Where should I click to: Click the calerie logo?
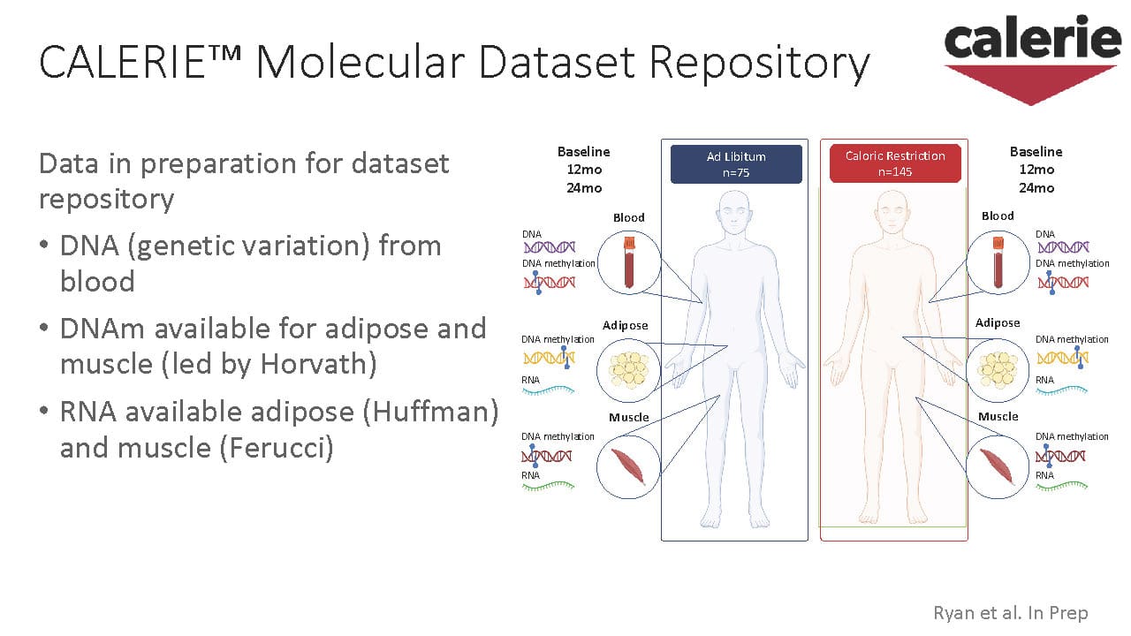(x=1030, y=57)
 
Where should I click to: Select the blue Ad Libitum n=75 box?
(x=736, y=164)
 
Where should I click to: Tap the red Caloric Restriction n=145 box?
(x=894, y=164)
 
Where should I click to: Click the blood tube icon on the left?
(x=629, y=262)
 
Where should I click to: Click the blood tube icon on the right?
(x=998, y=261)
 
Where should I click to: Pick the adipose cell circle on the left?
(x=629, y=367)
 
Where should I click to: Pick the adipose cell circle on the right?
(x=998, y=367)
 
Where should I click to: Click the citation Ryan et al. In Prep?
(x=1010, y=612)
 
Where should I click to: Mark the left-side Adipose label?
(x=625, y=325)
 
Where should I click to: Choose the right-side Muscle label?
(x=998, y=416)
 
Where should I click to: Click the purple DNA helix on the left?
(x=549, y=247)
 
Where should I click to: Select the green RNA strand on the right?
(x=1061, y=485)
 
